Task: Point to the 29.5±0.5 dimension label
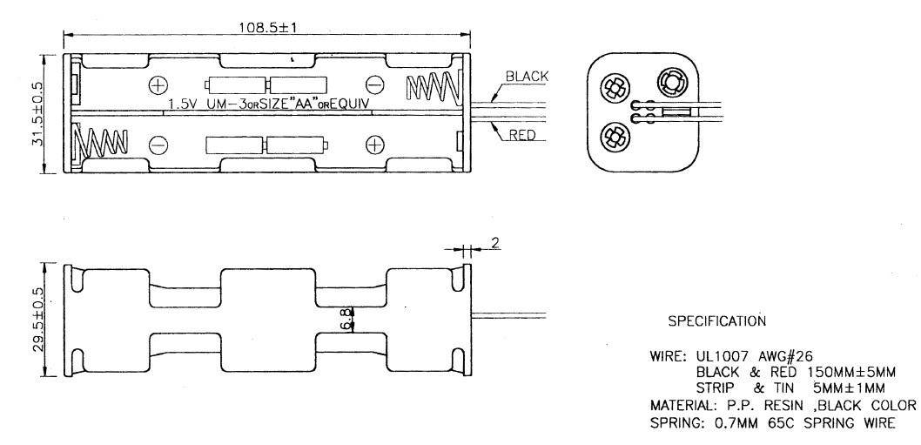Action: [x=38, y=320]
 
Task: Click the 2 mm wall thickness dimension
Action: [x=495, y=243]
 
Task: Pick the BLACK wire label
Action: [x=527, y=76]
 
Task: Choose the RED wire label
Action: [x=522, y=135]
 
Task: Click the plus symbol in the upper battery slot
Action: [x=158, y=84]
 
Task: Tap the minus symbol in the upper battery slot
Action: [x=374, y=84]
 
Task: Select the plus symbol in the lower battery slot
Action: [x=374, y=144]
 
